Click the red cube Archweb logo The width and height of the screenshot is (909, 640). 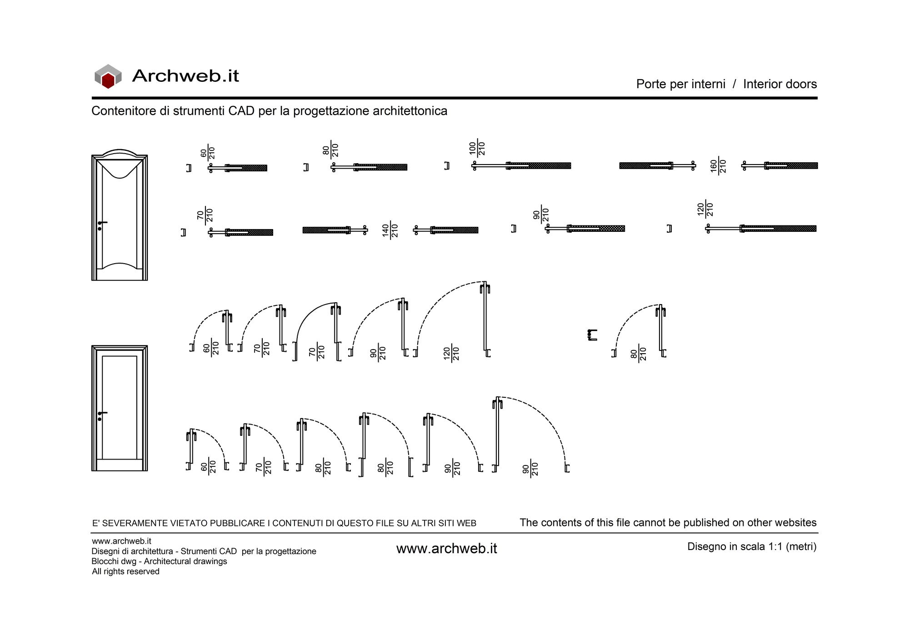click(x=108, y=76)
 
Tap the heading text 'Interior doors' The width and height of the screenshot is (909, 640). click(x=780, y=84)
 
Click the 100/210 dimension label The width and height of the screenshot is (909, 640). click(x=477, y=148)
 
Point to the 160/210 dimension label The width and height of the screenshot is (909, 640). click(x=719, y=166)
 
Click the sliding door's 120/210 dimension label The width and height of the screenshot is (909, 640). click(x=705, y=209)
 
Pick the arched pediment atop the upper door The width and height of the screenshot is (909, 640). click(x=120, y=153)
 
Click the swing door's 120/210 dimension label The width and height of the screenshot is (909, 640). click(x=451, y=353)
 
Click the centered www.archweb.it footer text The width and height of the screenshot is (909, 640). click(x=447, y=549)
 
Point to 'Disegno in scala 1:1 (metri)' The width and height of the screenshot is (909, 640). click(x=752, y=546)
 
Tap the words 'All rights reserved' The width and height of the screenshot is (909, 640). click(x=126, y=571)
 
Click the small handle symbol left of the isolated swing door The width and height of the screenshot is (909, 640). click(x=592, y=335)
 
